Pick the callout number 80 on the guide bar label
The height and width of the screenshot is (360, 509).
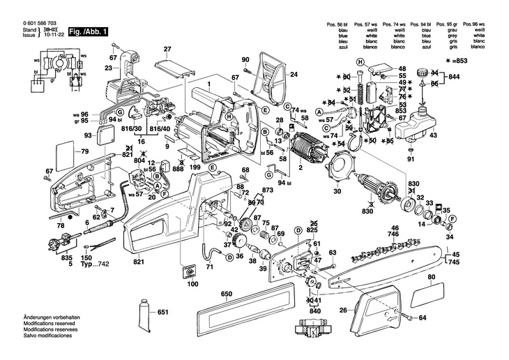click(x=431, y=278)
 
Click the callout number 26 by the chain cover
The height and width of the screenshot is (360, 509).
click(x=342, y=310)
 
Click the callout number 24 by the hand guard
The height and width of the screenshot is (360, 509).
click(x=294, y=74)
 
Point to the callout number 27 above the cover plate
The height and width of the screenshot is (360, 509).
click(x=167, y=49)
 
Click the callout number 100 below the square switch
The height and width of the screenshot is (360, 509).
click(x=192, y=285)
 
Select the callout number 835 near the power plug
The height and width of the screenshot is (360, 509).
click(x=67, y=258)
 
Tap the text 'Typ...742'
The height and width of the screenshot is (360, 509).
click(x=96, y=266)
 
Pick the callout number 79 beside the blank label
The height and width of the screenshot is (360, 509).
click(x=84, y=152)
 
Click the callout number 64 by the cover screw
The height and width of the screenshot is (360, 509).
click(x=422, y=318)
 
